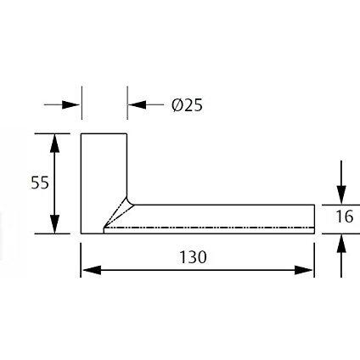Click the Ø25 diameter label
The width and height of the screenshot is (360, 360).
click(x=187, y=105)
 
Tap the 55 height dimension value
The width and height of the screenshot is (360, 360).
click(x=40, y=183)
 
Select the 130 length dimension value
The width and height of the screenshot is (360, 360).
click(x=194, y=257)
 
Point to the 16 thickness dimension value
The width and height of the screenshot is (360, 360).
click(x=345, y=217)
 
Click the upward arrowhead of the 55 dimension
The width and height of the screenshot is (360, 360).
click(x=54, y=143)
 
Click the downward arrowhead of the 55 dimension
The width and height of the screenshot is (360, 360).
click(x=54, y=224)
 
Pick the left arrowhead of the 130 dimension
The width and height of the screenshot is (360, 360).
click(x=91, y=270)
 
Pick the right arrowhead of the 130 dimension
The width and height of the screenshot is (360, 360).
click(x=304, y=270)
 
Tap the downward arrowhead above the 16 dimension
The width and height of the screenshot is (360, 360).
click(x=341, y=194)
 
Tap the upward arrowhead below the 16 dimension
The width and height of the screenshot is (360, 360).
click(x=341, y=244)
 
